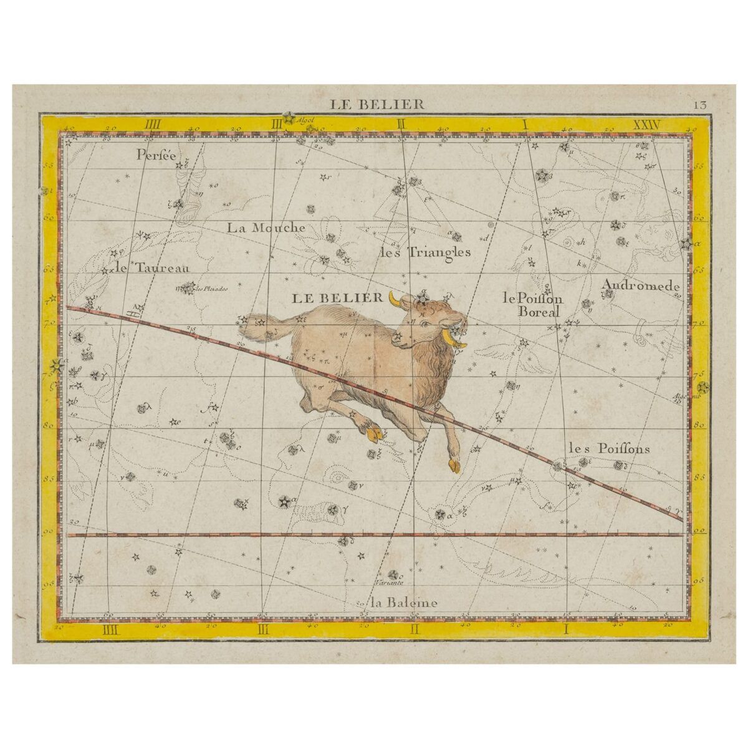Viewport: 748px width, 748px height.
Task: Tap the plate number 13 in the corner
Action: (x=699, y=104)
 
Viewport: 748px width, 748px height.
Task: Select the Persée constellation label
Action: (x=157, y=156)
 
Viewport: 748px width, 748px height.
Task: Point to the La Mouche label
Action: (x=266, y=228)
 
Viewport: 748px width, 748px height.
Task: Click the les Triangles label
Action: (x=425, y=252)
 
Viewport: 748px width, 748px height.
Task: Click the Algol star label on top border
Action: (x=307, y=118)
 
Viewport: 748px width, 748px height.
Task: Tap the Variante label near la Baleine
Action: (x=390, y=583)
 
